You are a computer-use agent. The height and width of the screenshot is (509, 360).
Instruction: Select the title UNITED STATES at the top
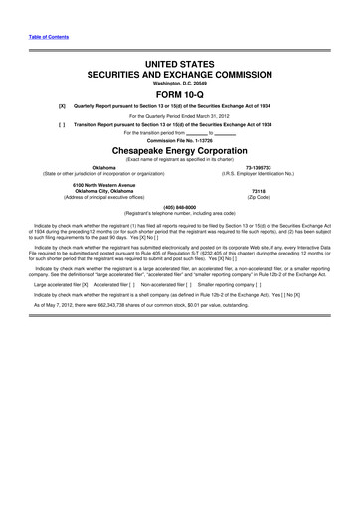180,62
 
